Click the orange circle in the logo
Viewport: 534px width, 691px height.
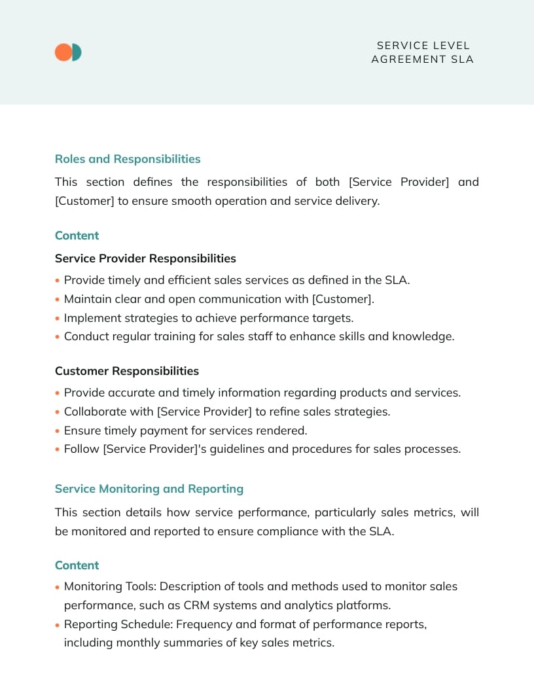62,52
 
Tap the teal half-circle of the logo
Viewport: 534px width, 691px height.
77,52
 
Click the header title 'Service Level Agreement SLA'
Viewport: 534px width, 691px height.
422,52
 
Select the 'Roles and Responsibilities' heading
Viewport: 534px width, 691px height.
128,159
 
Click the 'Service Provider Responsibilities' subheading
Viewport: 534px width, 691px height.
145,258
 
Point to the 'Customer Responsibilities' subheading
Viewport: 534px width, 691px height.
127,371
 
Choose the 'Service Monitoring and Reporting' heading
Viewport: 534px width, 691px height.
149,489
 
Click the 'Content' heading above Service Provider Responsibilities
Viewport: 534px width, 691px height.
77,236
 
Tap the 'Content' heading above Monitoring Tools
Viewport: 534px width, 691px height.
77,565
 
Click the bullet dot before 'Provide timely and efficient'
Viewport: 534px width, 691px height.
58,281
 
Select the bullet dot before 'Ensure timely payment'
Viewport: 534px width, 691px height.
58,431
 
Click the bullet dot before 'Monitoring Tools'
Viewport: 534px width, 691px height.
58,587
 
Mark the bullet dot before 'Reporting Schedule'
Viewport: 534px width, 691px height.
58,625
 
